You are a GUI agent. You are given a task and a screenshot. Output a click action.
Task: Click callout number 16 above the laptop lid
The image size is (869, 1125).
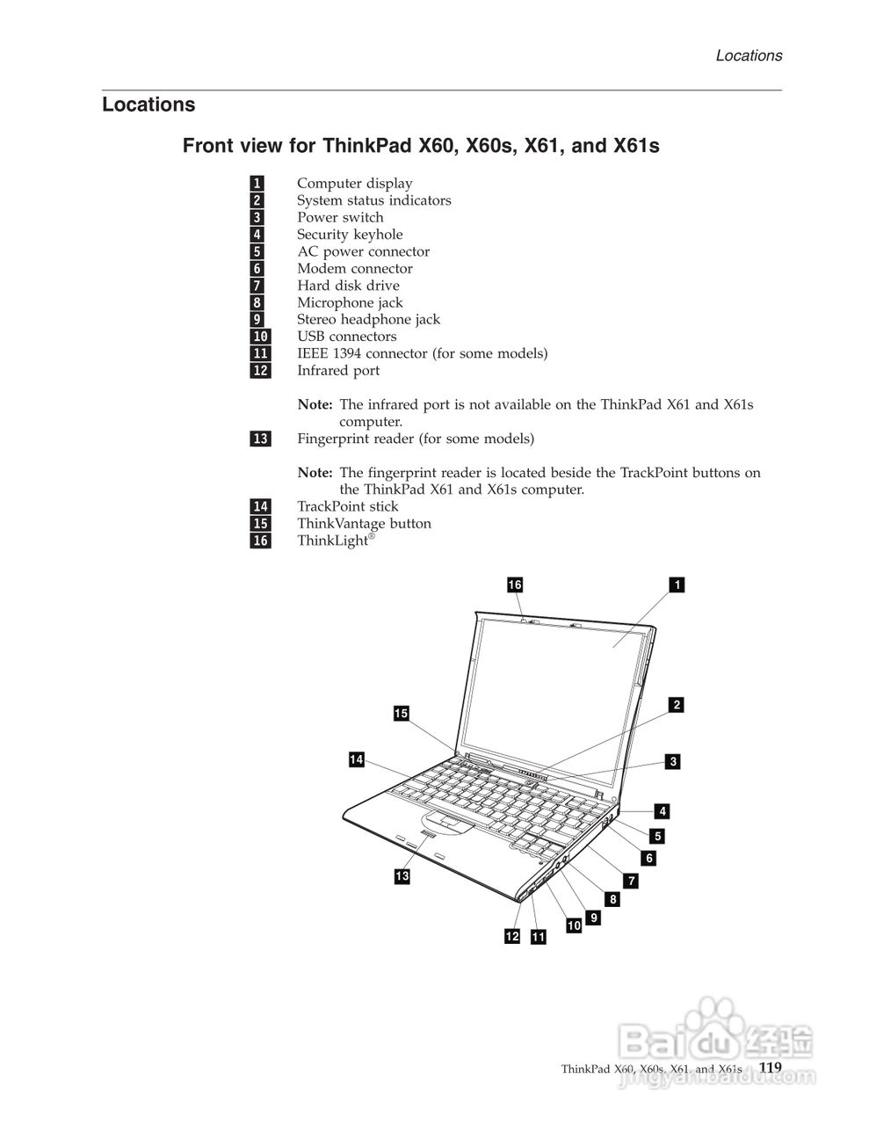515,584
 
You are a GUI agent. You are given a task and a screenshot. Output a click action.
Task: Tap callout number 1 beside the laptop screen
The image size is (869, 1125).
677,584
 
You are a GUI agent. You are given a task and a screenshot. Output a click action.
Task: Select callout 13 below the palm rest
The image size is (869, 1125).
402,876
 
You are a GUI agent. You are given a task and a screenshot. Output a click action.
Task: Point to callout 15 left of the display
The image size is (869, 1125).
402,714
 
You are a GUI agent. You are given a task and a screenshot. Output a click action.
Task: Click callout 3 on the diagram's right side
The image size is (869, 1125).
673,762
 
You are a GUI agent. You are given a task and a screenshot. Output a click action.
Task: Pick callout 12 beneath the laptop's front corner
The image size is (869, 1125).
512,937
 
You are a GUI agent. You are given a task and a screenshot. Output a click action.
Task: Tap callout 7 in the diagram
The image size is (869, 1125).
631,880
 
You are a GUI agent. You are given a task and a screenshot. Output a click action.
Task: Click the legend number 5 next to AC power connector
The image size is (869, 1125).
257,251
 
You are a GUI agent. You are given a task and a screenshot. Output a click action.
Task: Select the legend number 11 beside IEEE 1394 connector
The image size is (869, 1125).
260,353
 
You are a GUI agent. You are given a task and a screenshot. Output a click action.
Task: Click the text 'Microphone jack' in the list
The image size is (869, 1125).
350,302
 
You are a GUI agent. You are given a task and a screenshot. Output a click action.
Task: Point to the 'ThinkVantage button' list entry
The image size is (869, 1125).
364,523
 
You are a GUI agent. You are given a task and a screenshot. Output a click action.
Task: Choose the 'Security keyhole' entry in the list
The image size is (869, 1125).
350,234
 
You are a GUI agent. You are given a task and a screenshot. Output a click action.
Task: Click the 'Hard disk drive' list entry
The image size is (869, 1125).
348,286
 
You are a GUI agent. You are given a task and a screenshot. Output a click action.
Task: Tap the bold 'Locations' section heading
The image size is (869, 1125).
148,105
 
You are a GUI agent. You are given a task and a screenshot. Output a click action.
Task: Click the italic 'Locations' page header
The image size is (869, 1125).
749,55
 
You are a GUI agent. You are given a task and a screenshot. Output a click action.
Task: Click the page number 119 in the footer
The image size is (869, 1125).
771,1067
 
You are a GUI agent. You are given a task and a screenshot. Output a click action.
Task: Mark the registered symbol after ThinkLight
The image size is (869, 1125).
372,535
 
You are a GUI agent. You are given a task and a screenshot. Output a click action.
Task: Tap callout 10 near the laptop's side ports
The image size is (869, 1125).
574,925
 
